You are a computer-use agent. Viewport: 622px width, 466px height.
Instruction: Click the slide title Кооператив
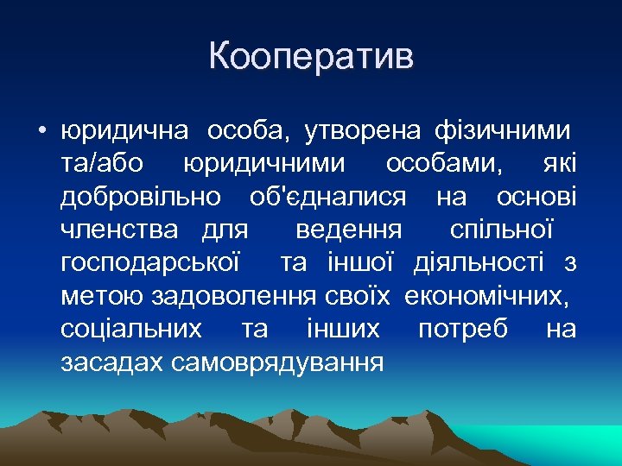[311, 57]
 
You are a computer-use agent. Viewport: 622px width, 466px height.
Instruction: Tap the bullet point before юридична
[42, 132]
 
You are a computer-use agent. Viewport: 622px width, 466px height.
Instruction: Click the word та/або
[103, 163]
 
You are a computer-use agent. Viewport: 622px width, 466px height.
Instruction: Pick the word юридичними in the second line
[264, 163]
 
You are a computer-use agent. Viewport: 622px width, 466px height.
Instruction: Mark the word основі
[536, 197]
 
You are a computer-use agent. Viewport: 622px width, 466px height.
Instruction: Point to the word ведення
[348, 230]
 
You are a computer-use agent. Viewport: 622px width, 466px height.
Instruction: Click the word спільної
[500, 230]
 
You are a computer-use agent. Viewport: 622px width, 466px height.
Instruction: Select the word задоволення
[237, 296]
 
